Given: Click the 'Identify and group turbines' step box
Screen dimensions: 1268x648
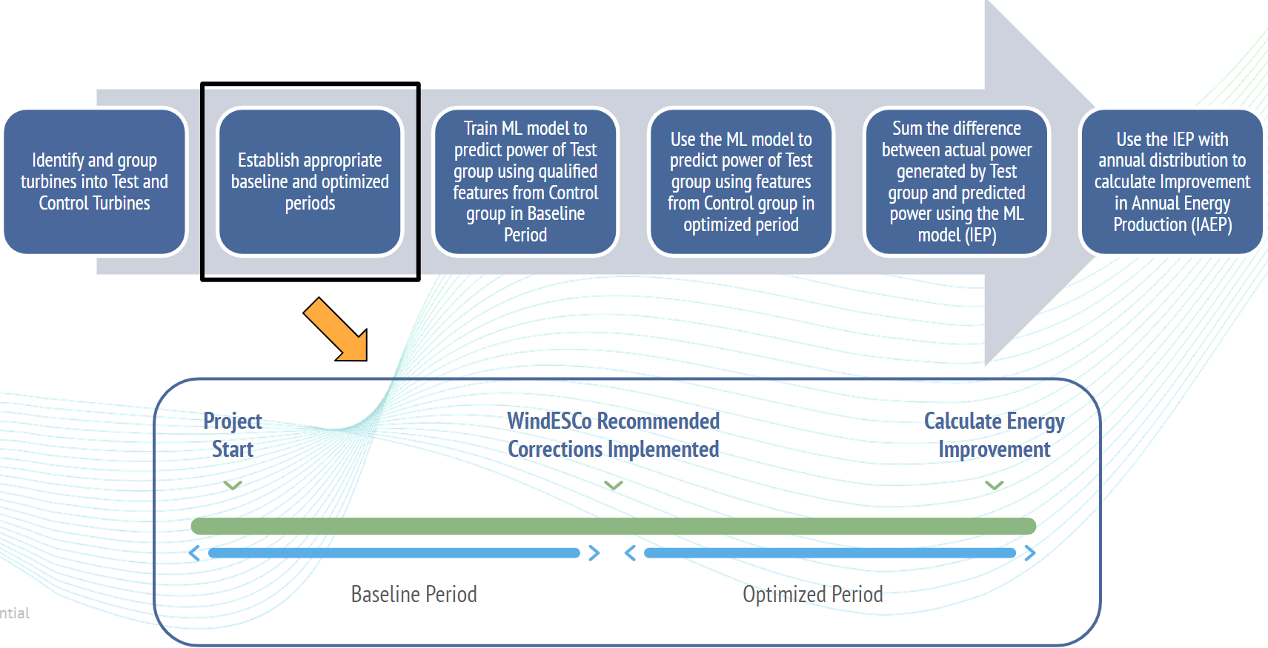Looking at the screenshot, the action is (95, 181).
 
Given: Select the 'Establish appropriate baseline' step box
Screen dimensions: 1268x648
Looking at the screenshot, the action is (310, 181).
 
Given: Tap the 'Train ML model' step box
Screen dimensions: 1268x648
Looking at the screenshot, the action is (525, 181).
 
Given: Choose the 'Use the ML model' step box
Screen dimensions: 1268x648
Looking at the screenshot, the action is (741, 181).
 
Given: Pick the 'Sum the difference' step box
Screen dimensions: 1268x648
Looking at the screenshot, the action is (957, 181).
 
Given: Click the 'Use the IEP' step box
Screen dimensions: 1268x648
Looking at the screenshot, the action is (1172, 181).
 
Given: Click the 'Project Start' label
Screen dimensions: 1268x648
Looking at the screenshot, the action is (233, 435).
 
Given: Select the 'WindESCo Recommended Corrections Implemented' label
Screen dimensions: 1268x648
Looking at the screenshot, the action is (614, 435).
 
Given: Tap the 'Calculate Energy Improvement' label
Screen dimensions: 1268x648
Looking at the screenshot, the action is (994, 435).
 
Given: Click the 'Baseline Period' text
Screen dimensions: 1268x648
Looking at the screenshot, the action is (414, 594).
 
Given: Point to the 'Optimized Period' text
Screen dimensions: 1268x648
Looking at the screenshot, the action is (813, 594).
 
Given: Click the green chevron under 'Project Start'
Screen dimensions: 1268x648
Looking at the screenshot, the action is (233, 485).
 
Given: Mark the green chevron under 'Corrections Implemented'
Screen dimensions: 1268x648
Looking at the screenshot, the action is (614, 485).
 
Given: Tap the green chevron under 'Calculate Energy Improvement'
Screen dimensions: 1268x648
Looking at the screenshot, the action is (995, 485).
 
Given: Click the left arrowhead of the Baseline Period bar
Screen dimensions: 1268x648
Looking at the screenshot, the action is (194, 553).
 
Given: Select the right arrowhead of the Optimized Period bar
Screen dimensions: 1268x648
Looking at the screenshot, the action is (1030, 553).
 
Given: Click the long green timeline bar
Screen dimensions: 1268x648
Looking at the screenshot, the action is (614, 526).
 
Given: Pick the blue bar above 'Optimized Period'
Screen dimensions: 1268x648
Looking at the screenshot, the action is (830, 553).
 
